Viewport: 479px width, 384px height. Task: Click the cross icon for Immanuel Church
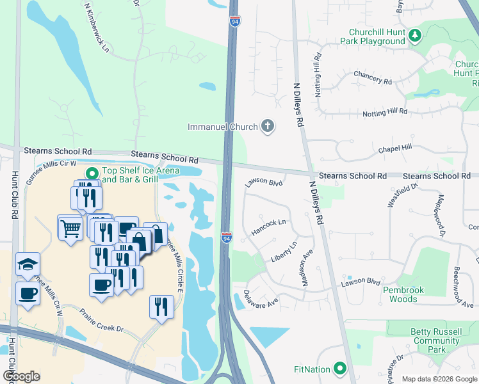[x=268, y=126]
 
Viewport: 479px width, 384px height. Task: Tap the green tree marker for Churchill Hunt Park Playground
[x=415, y=36]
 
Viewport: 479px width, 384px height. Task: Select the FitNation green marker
[x=339, y=369]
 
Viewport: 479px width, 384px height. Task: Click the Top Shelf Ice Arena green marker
[x=92, y=173]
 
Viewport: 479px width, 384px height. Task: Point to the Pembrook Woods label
[x=403, y=294]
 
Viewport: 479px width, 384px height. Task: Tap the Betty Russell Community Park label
[x=437, y=340]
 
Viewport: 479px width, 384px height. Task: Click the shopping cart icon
[x=70, y=227]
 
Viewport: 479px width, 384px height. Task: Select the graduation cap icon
[x=28, y=264]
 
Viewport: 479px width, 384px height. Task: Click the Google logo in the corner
[x=21, y=376]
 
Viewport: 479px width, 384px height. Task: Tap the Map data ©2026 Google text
[x=439, y=379]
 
